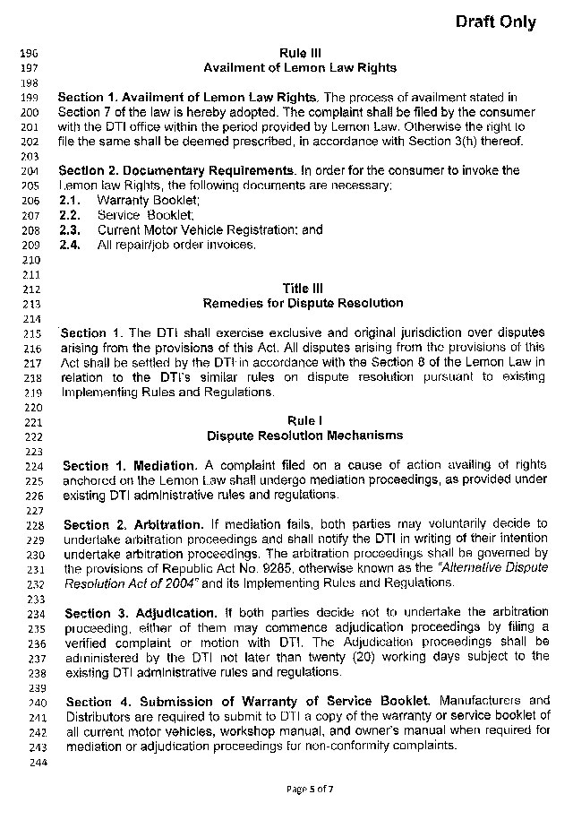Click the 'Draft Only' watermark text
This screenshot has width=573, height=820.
click(x=495, y=22)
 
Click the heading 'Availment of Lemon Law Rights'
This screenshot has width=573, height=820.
click(x=299, y=67)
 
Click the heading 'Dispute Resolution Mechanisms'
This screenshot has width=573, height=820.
click(x=304, y=436)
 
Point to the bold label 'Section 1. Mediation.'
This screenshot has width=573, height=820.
click(x=130, y=465)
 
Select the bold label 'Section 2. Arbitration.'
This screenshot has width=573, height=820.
click(x=134, y=523)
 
